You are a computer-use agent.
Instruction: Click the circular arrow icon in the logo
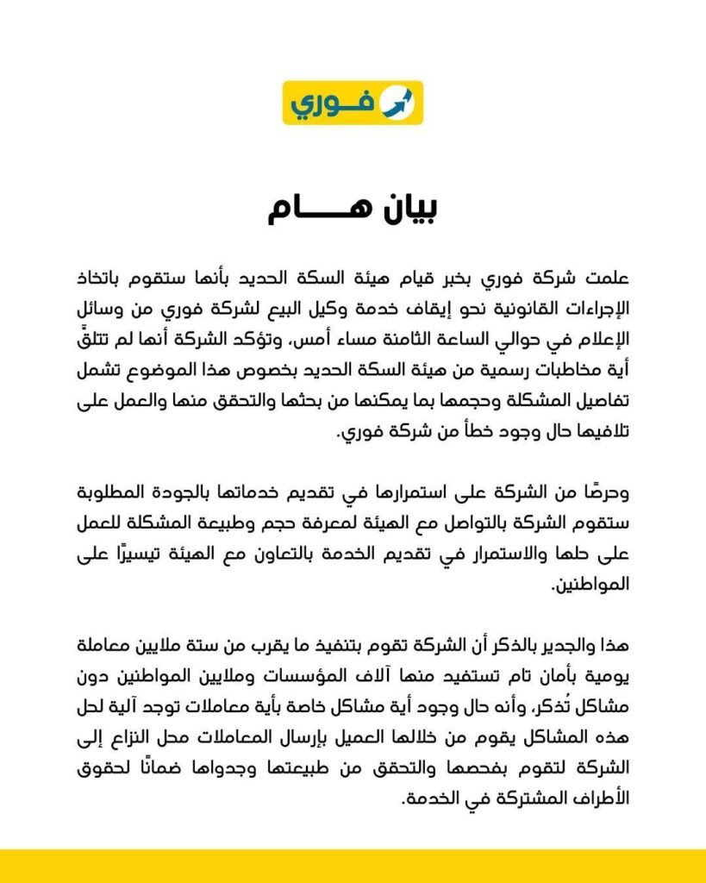(398, 103)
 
